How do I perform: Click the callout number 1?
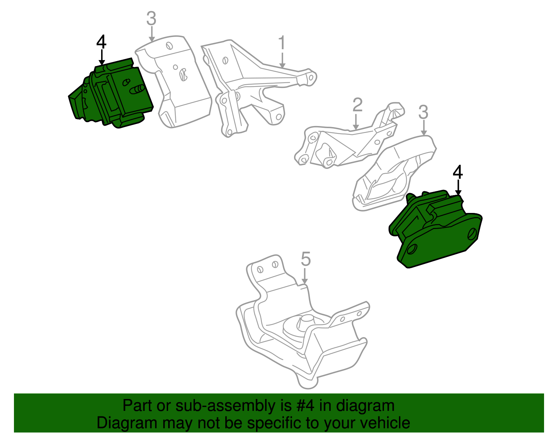coord(282,43)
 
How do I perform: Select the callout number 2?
coord(357,105)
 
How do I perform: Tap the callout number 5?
coord(306,259)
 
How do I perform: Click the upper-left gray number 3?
coord(151,19)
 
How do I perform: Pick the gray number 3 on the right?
coord(423,112)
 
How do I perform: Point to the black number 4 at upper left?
coord(101,42)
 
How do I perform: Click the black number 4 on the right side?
coord(458,172)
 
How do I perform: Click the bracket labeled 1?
coord(251,84)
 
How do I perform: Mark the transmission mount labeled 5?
coord(300,335)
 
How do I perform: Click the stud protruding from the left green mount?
coord(138,90)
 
